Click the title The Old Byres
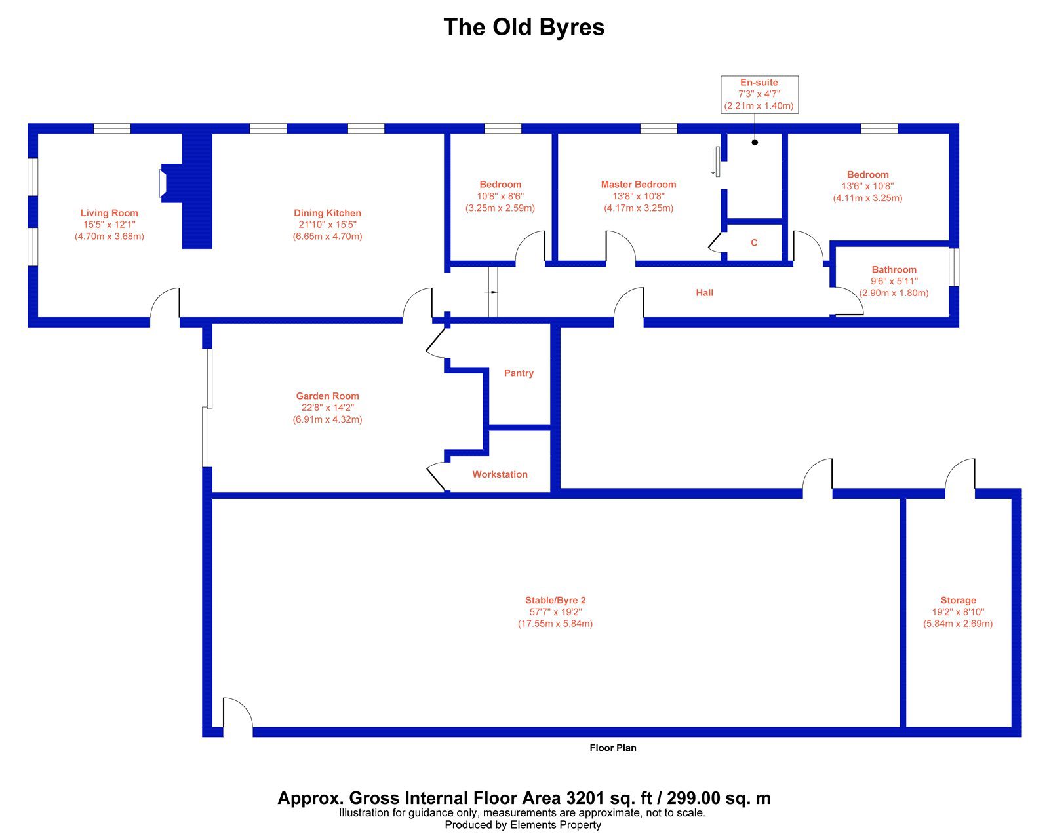coord(524,28)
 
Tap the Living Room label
coord(109,213)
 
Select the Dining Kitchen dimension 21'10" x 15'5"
coord(328,225)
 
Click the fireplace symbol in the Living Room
coord(163,183)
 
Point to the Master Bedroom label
coord(639,184)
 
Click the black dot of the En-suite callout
coord(755,142)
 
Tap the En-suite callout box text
coord(759,94)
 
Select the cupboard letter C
coord(754,242)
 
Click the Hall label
coord(704,292)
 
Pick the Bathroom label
coord(894,269)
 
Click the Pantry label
coord(519,373)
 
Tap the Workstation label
coord(500,474)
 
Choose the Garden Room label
coord(328,396)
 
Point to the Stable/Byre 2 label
coord(555,600)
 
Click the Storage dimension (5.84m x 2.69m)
coord(958,624)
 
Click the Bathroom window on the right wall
coord(954,267)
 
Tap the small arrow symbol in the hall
coord(491,292)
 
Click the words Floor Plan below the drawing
coord(613,748)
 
